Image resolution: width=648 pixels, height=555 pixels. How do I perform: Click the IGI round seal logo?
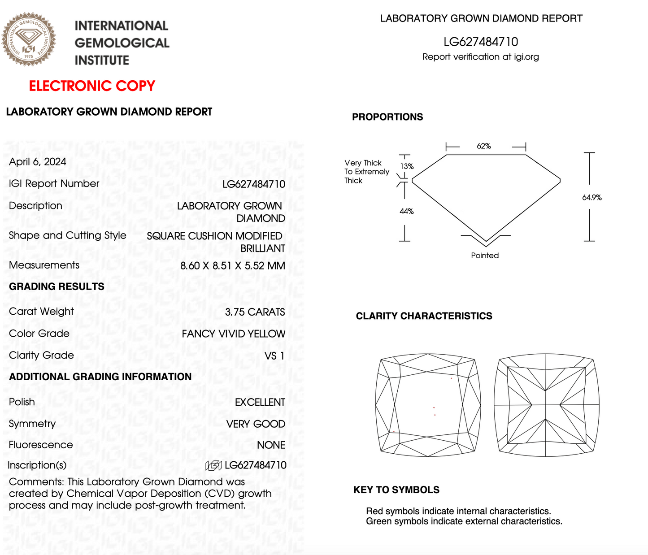[x=29, y=39]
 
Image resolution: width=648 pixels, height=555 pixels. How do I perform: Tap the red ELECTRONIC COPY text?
[x=92, y=86]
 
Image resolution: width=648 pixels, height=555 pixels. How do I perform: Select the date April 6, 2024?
[x=38, y=162]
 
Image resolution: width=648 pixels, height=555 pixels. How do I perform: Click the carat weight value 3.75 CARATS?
[x=255, y=312]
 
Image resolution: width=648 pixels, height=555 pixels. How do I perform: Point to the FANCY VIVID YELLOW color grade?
[x=233, y=334]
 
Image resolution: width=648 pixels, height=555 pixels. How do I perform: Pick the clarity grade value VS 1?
[x=274, y=356]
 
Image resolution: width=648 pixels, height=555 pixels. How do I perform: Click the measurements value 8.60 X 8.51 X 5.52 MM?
[x=232, y=266]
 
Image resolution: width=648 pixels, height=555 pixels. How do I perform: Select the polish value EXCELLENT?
[x=260, y=403]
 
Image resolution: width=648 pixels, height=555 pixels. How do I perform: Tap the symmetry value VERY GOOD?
[x=256, y=424]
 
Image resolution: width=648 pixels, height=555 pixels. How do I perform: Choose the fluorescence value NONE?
[x=271, y=445]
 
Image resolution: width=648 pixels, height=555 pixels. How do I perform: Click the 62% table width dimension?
[x=484, y=146]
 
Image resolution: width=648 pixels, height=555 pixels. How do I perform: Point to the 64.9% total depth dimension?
[x=592, y=197]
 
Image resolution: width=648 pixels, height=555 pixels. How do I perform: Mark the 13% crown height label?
[x=407, y=166]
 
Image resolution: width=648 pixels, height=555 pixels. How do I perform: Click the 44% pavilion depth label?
[x=407, y=211]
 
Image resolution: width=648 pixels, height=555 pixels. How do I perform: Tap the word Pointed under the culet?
[x=485, y=256]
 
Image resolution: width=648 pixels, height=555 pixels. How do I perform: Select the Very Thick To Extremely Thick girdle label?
[x=366, y=172]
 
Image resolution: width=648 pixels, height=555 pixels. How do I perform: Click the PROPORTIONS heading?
[x=387, y=117]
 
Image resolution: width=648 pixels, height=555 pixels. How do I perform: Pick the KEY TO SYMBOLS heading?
[x=396, y=490]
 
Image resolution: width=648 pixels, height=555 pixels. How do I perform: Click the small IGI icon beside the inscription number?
[x=213, y=466]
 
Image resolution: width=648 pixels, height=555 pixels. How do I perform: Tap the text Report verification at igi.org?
[x=480, y=57]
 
